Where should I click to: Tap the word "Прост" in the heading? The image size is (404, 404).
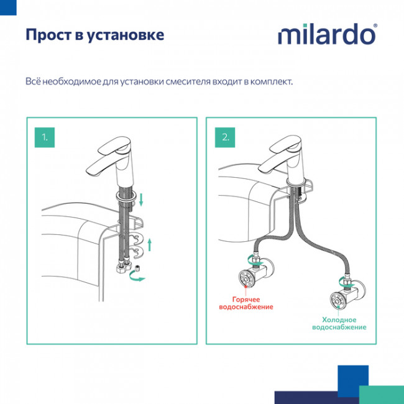[x=46, y=34]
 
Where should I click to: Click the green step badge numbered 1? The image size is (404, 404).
[x=45, y=136]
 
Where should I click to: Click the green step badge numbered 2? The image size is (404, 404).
[x=225, y=136]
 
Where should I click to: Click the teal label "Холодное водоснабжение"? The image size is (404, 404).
[x=339, y=323]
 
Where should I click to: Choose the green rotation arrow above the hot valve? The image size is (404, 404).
[x=250, y=257]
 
